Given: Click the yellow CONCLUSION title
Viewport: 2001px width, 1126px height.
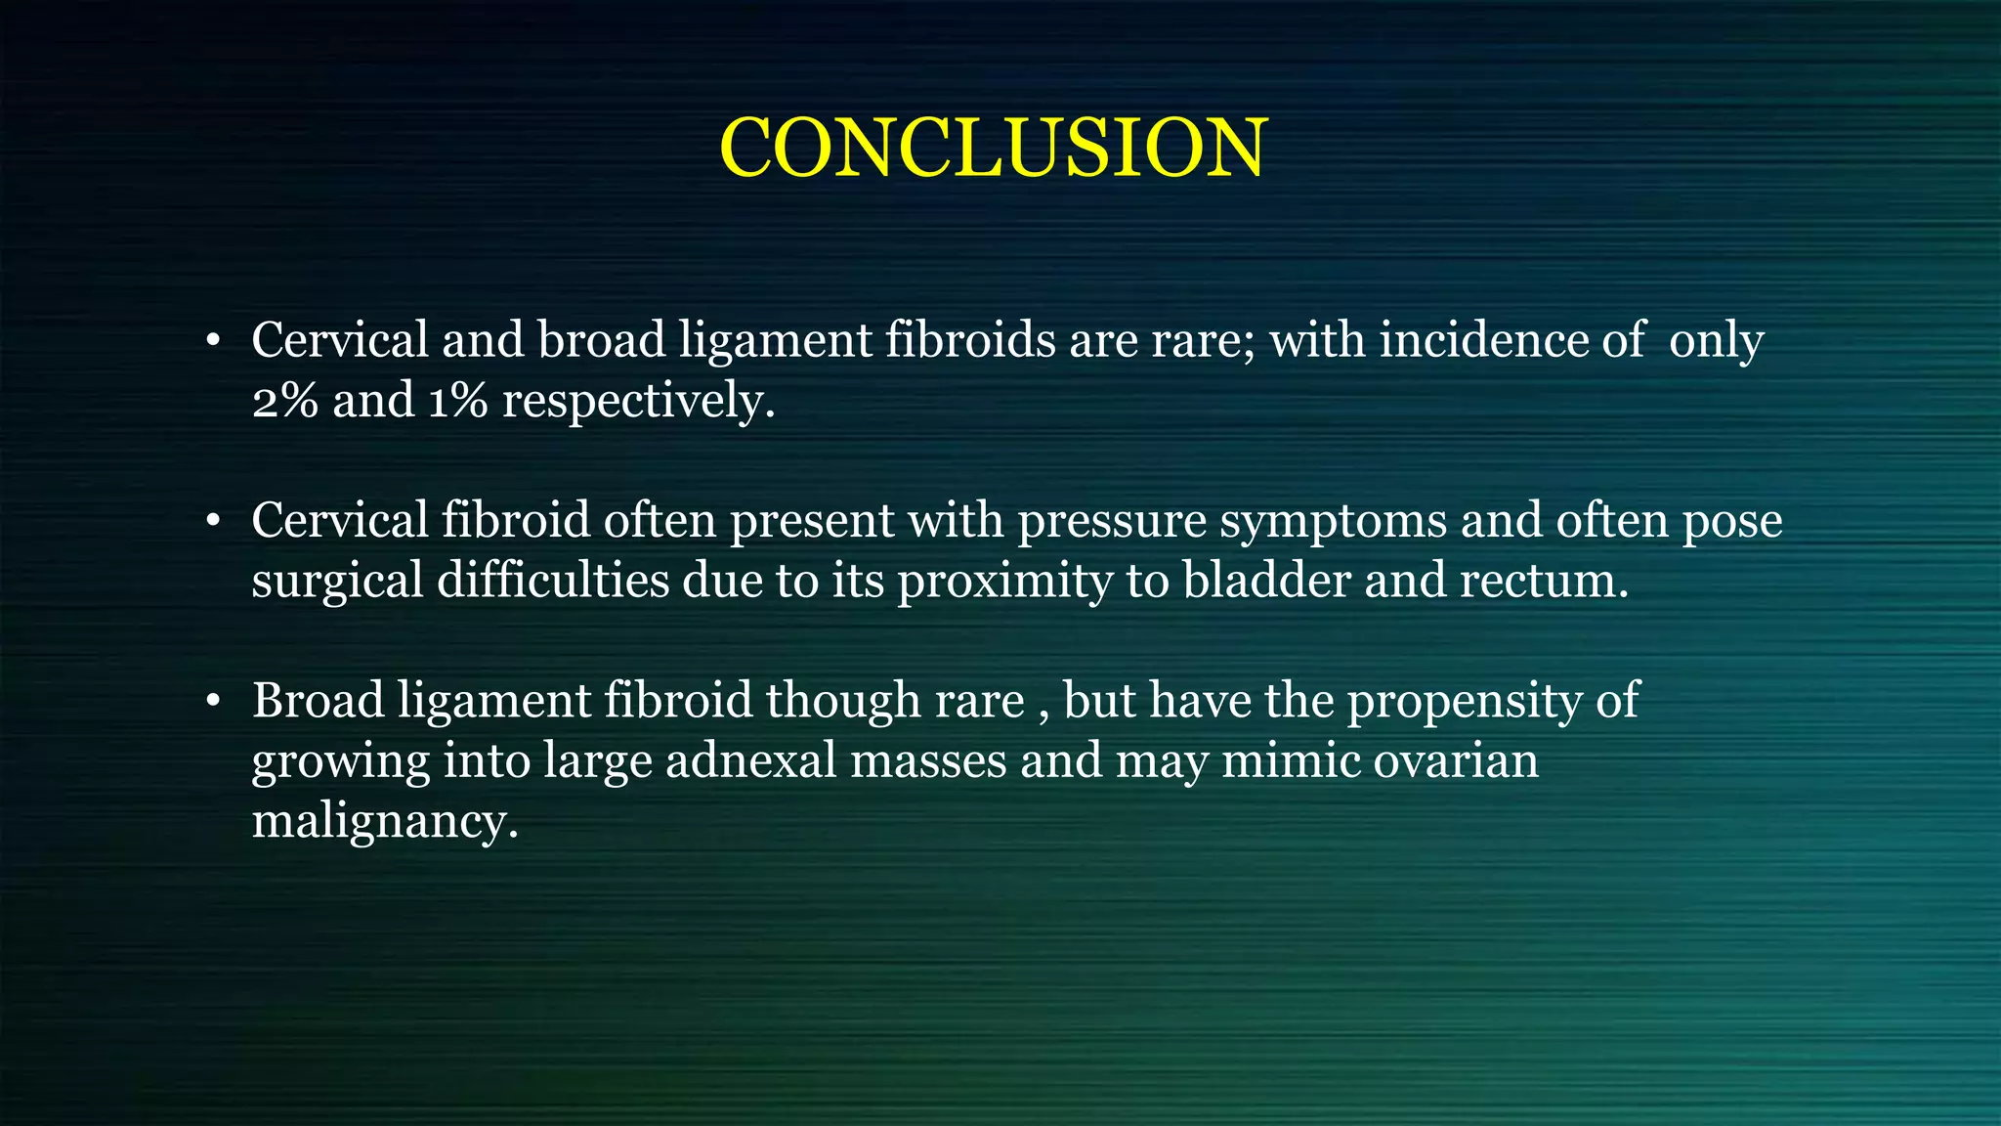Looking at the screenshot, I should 993,149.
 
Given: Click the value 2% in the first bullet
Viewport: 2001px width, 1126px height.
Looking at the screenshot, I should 284,401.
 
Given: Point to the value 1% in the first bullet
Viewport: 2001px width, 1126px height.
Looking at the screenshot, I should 457,401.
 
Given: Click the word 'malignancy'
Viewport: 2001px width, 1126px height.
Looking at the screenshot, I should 383,821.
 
